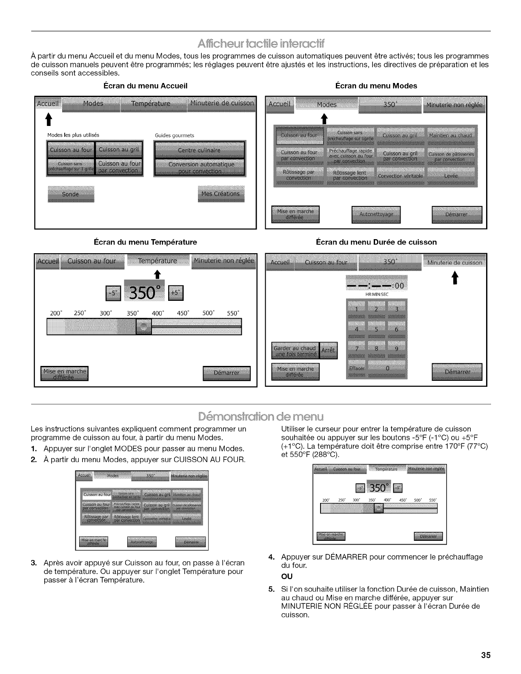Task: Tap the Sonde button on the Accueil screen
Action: (71, 194)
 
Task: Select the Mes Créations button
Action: (221, 194)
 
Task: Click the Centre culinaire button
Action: (199, 151)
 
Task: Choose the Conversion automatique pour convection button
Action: (199, 168)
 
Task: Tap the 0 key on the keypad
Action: (387, 369)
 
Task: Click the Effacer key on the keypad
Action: (356, 369)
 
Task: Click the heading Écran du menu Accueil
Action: (146, 86)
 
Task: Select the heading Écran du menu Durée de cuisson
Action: (376, 242)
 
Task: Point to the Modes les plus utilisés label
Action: (73, 135)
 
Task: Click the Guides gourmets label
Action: (175, 135)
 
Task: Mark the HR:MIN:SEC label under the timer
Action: (377, 294)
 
